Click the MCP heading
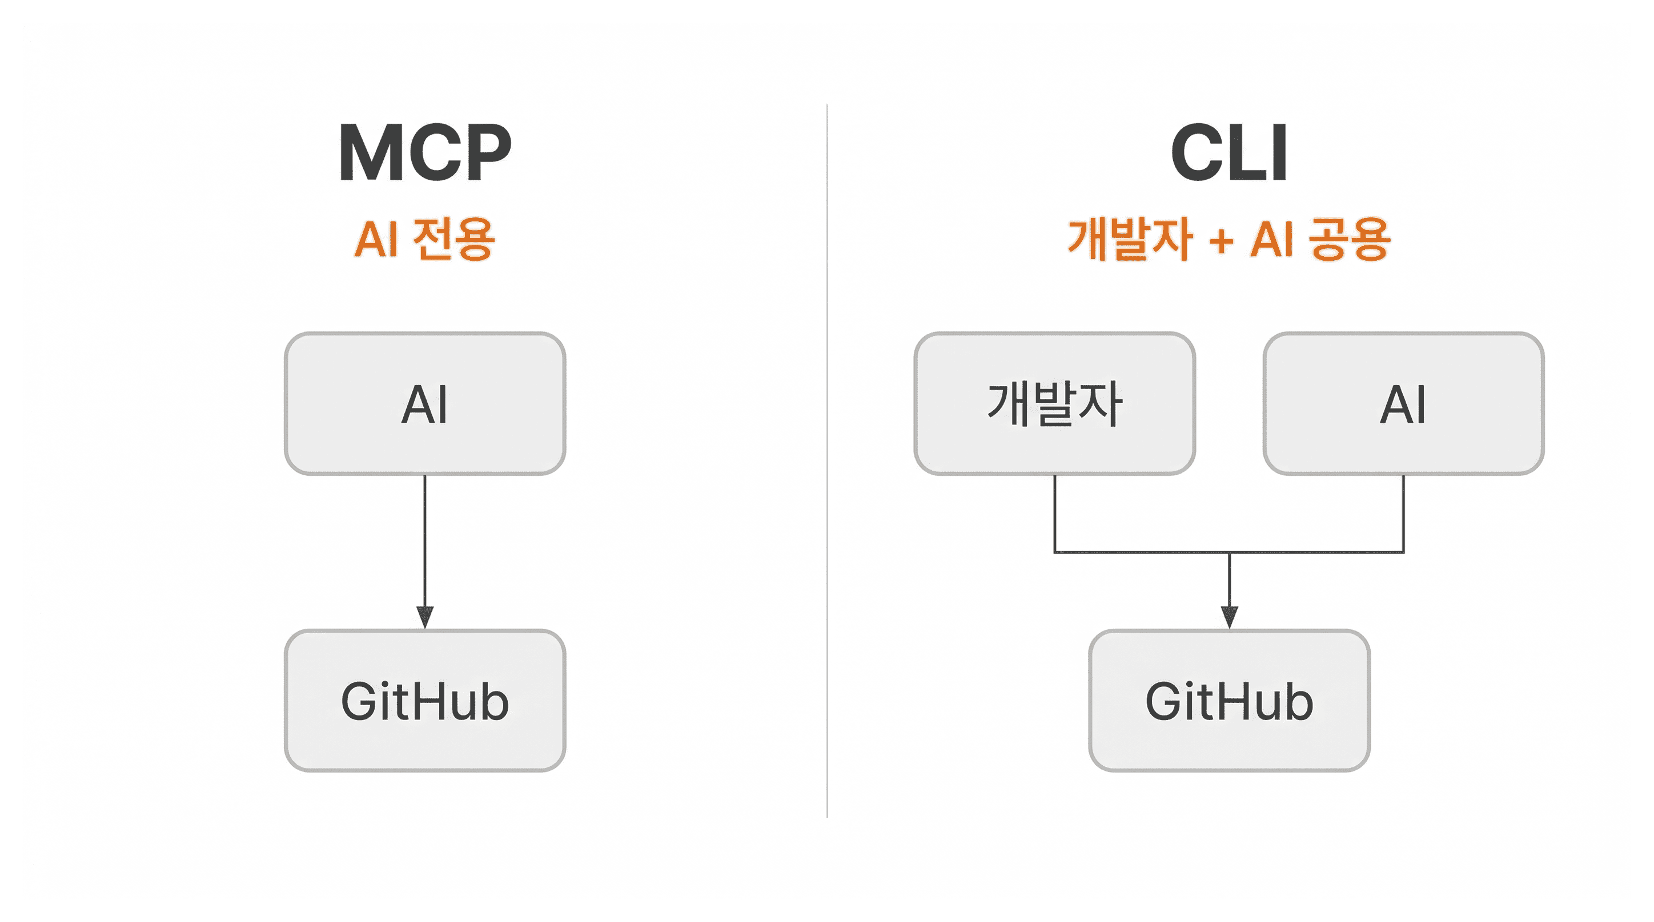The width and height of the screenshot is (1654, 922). [x=425, y=153]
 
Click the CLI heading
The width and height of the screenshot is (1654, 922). [x=1229, y=153]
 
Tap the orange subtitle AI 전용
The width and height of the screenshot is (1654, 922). [x=425, y=238]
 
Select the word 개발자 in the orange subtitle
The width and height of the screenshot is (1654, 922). [x=1130, y=238]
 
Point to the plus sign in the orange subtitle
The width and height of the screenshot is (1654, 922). [x=1221, y=241]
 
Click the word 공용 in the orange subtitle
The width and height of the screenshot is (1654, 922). [x=1349, y=238]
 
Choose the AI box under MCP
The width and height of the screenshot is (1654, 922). [x=425, y=403]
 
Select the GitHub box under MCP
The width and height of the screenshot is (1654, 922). [x=425, y=701]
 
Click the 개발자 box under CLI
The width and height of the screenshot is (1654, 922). [x=1054, y=403]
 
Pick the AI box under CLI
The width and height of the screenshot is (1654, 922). [x=1404, y=403]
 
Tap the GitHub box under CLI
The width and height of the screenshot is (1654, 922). [x=1229, y=701]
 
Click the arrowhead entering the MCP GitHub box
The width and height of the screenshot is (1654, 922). [x=425, y=617]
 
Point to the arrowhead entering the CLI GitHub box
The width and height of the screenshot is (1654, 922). [x=1229, y=617]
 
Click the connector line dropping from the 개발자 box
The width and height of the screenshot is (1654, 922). [x=1054, y=513]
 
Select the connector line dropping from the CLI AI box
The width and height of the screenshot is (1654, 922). [x=1404, y=513]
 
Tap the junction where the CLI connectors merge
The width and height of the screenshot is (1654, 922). [x=1229, y=552]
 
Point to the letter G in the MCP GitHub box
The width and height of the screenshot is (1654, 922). [x=361, y=701]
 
